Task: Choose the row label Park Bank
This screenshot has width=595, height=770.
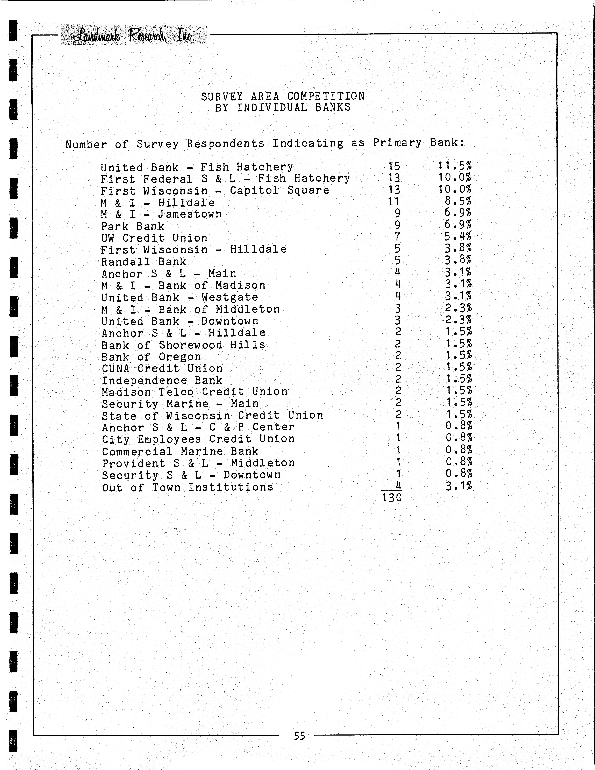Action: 133,226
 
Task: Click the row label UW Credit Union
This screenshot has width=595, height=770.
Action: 154,238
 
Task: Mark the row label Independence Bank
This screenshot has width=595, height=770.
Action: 162,380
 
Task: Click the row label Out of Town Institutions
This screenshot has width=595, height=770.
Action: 188,487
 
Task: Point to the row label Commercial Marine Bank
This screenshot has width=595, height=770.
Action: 180,451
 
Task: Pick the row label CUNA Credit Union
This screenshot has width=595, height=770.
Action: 162,368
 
